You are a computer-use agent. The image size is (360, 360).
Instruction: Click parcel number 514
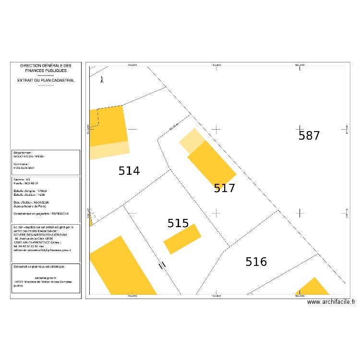129,171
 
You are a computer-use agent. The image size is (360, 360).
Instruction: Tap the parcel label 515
178,223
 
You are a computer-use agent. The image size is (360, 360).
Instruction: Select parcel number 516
256,262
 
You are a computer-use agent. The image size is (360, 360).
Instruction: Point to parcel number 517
225,188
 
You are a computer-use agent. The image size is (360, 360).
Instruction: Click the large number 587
309,136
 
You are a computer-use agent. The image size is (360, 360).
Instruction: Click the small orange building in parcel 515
182,239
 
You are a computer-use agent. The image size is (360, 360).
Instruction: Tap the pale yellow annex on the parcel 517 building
192,139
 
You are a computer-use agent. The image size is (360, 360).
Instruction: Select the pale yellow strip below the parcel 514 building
110,150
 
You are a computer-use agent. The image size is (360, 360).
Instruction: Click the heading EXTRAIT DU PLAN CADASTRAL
46,81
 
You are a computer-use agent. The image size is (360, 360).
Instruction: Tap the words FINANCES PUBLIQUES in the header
46,71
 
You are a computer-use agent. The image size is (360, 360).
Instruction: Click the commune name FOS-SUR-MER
24,168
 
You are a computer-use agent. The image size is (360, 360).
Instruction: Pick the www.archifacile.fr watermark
331,302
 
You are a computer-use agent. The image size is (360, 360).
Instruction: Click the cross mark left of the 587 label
217,129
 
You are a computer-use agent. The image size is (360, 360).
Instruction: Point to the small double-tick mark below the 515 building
163,264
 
